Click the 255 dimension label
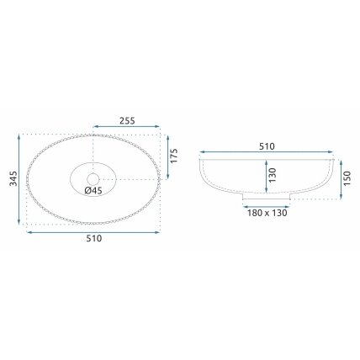[127, 120]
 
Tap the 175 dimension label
[174, 156]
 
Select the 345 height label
[13, 178]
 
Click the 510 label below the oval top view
[94, 239]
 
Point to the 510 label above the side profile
[267, 146]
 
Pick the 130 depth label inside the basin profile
[273, 175]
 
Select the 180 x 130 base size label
[267, 213]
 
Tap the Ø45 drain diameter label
[93, 191]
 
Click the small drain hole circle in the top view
[93, 179]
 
